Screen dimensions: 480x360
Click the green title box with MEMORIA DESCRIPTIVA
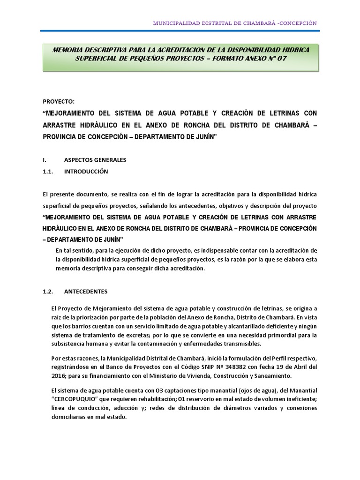tap(180, 54)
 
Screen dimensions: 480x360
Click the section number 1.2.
tap(49, 291)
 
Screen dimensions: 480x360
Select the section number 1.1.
tap(49, 172)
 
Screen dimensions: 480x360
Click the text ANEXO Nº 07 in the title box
tap(262, 58)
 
